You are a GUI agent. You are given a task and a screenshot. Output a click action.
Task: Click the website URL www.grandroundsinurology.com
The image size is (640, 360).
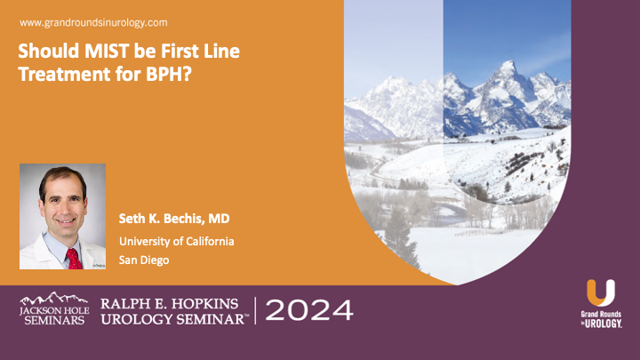[92, 21]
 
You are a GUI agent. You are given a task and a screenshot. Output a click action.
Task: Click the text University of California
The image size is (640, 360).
[177, 241]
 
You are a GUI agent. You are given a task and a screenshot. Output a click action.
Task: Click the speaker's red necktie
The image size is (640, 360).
[73, 258]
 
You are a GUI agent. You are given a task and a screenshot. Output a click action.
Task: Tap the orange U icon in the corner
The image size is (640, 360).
[600, 295]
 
